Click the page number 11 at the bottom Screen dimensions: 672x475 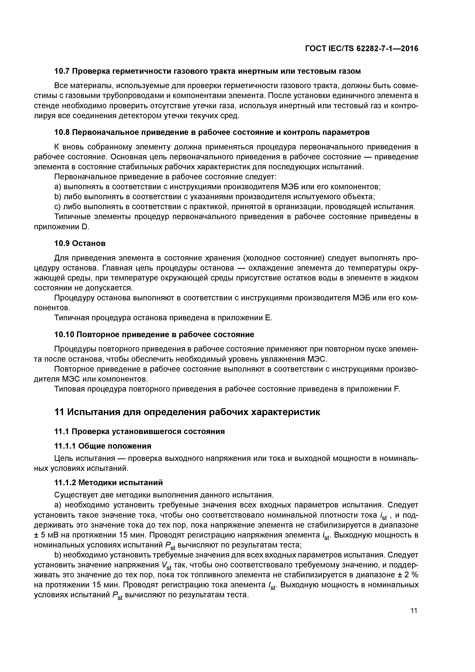coord(414,610)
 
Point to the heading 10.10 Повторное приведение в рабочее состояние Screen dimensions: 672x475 coord(154,334)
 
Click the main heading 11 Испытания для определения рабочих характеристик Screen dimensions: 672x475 coord(187,412)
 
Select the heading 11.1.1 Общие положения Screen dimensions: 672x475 coord(103,446)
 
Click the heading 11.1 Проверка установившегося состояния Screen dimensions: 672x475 coord(140,431)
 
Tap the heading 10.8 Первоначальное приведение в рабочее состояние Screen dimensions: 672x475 coord(212,132)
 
